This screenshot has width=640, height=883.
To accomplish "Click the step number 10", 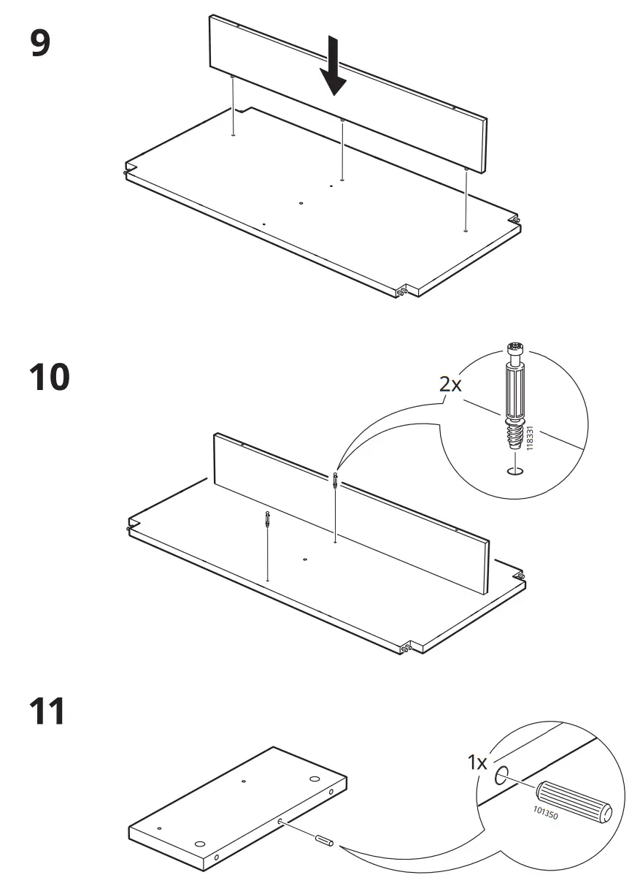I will (50, 378).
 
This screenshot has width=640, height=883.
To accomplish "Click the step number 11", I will (47, 711).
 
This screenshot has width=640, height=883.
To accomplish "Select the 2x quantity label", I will (450, 384).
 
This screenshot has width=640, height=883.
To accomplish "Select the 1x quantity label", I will (477, 763).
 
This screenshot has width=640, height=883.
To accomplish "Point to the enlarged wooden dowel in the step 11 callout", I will (574, 802).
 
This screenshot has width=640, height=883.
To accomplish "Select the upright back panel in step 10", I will (350, 511).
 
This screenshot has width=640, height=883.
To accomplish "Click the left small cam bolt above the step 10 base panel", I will (269, 521).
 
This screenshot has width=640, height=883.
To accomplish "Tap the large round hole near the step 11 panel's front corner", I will (198, 844).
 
